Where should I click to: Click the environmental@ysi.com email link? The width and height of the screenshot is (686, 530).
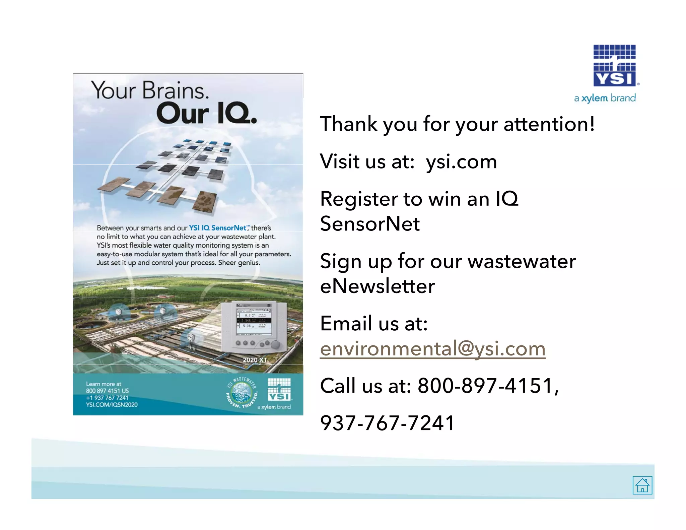point(432,348)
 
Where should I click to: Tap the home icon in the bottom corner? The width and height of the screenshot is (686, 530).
point(642,485)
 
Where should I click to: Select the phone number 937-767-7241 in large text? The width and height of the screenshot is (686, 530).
point(387,422)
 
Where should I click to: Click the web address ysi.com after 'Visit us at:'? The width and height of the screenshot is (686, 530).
point(461,161)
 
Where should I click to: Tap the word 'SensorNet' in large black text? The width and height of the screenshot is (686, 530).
point(370,223)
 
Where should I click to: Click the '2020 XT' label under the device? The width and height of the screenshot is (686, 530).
point(255,360)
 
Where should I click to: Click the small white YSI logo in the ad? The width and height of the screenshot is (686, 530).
point(279,389)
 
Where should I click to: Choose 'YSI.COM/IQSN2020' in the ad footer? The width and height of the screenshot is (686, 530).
point(112,405)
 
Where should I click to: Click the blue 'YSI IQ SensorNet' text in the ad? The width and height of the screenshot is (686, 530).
point(218,228)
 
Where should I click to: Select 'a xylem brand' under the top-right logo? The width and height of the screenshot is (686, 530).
point(605,98)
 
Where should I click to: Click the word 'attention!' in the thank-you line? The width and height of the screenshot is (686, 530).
point(549,124)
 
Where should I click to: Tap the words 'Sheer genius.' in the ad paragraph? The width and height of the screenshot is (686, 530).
point(239,263)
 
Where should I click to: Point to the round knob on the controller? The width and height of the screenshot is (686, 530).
point(275,344)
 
